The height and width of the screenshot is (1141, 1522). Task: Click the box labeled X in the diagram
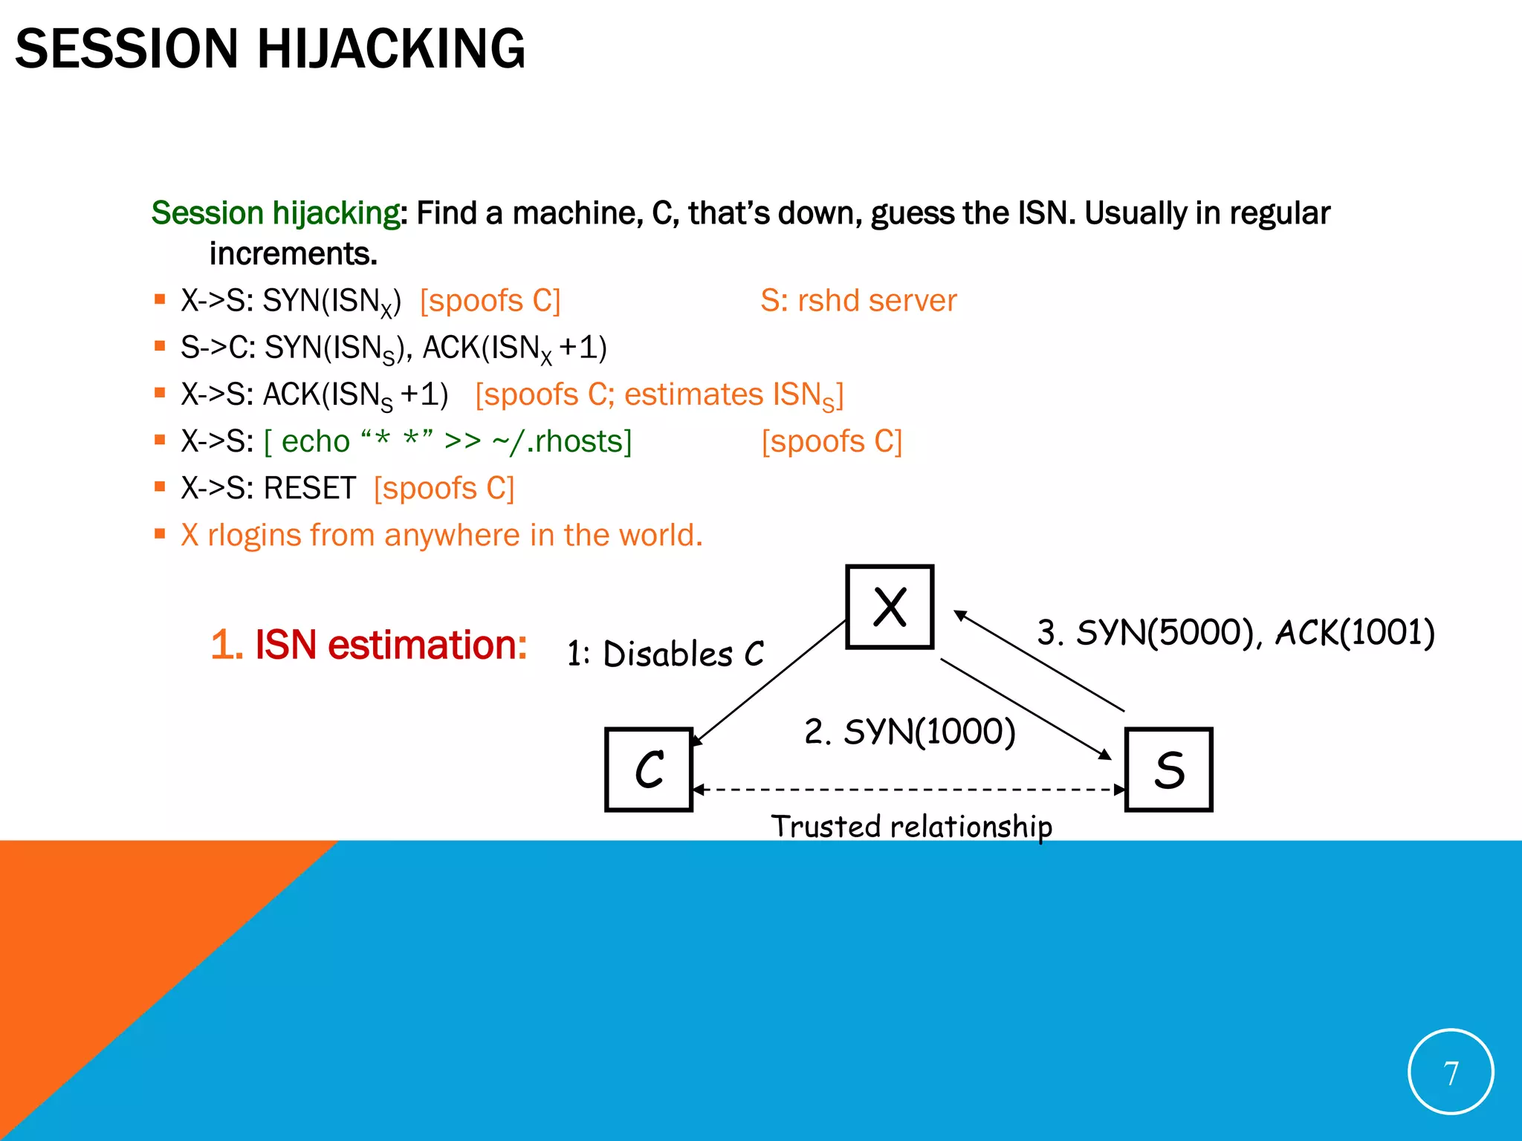click(x=890, y=607)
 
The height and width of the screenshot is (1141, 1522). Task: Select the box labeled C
click(x=649, y=770)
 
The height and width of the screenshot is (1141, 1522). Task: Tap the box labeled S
click(x=1169, y=770)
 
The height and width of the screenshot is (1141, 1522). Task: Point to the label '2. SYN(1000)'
click(x=910, y=732)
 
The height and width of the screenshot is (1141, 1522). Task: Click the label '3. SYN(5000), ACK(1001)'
click(x=1235, y=633)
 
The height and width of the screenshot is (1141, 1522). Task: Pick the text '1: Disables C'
click(x=665, y=654)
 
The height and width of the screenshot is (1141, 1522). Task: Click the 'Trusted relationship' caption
click(x=911, y=827)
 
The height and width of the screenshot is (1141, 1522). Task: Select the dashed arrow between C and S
click(x=908, y=790)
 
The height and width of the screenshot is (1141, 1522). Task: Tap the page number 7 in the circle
click(x=1451, y=1073)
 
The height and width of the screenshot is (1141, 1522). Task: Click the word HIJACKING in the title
click(x=391, y=49)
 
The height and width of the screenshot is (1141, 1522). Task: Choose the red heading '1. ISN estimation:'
click(x=369, y=645)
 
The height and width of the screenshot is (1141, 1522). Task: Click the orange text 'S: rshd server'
click(x=858, y=301)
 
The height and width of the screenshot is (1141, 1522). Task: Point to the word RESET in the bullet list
click(x=310, y=489)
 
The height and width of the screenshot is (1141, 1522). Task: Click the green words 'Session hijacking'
click(x=276, y=213)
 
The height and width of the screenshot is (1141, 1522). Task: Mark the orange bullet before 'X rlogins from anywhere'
click(x=160, y=533)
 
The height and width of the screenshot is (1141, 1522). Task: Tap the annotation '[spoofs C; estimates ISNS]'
click(x=659, y=395)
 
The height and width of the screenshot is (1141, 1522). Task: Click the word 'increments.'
click(x=294, y=254)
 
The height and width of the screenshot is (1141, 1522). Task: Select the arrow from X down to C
click(x=769, y=683)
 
